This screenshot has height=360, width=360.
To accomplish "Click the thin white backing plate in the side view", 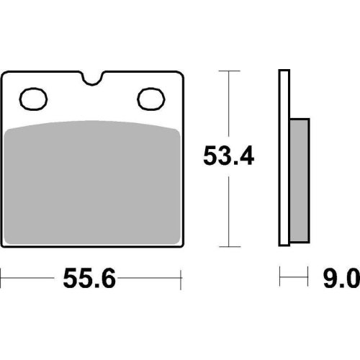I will (x=284, y=158).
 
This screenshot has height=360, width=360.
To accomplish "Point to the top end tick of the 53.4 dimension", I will (x=228, y=71).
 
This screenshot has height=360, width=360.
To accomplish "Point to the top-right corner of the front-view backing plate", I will (x=178, y=73).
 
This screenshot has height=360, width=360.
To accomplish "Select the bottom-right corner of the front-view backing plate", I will (x=178, y=246).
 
